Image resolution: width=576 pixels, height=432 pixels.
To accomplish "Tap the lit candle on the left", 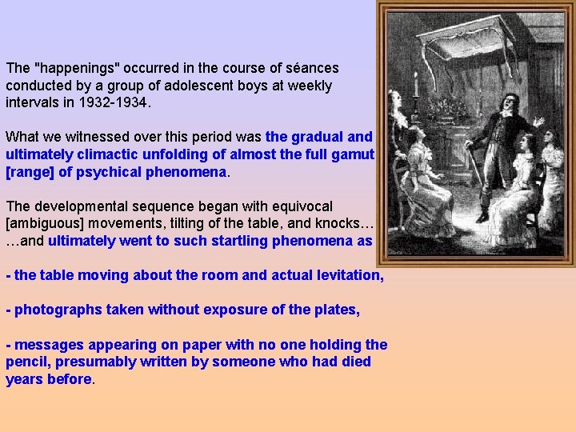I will pos(416,85).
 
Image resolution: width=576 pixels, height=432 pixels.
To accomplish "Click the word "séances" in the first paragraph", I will pos(311,68).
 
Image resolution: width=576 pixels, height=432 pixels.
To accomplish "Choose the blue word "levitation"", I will pos(344,275).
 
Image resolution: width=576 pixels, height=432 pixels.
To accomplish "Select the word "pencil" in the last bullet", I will pos(28,362).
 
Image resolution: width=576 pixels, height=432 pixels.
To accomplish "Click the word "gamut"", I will pos(352,154).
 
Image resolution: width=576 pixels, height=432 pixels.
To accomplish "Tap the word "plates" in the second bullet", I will pos(337,310).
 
